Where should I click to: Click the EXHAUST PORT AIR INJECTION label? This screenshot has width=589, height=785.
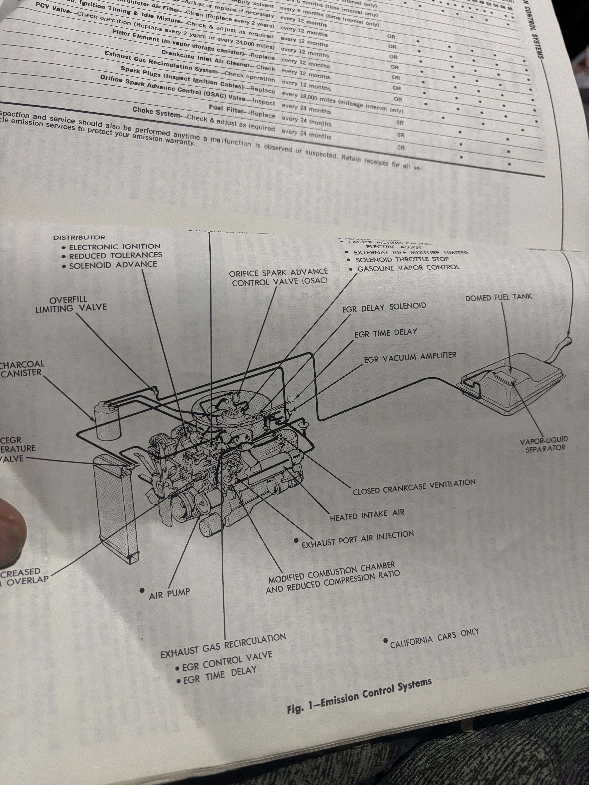point(357,539)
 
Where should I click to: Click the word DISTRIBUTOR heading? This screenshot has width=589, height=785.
point(79,237)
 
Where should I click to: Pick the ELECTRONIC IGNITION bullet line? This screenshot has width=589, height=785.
point(114,246)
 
